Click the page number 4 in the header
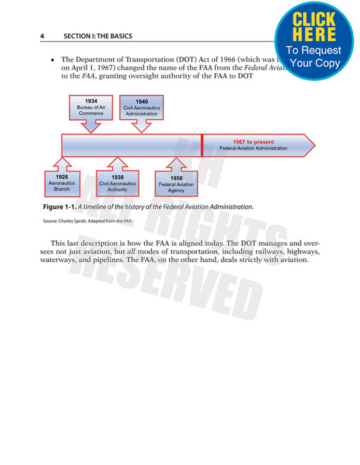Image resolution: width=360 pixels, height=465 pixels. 42,36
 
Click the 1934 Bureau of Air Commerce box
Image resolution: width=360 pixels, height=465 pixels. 91,108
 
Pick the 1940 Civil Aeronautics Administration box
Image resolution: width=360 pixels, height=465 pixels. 141,108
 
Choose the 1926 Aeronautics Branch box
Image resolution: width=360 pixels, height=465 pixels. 62,183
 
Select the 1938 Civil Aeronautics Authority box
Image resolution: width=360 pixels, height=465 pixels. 117,183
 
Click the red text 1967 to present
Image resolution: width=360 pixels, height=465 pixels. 253,141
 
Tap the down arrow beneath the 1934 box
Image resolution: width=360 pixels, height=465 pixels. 91,126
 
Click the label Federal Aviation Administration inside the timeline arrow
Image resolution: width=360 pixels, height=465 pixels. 253,148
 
